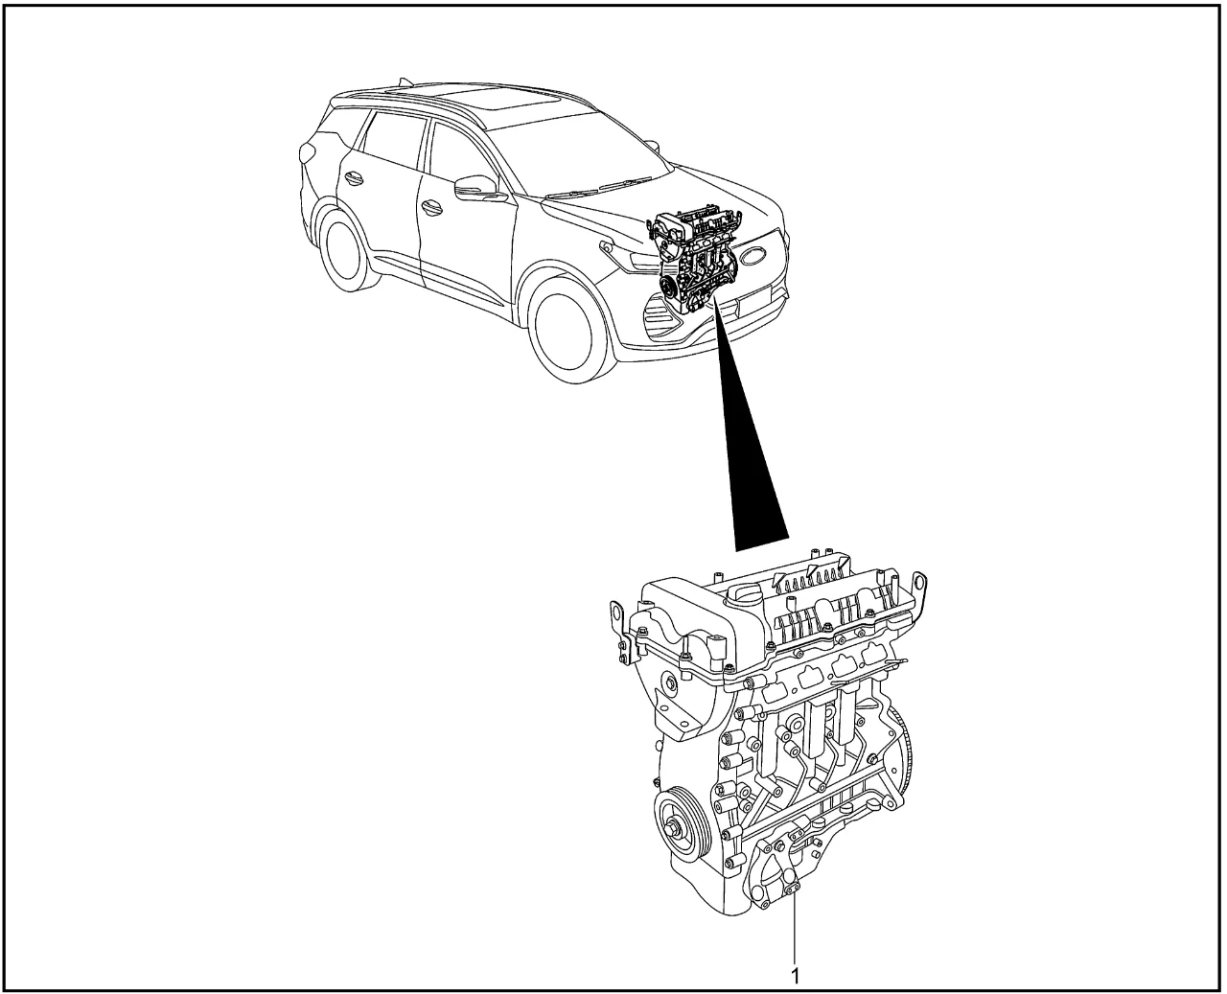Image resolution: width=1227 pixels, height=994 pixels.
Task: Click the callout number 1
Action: (796, 976)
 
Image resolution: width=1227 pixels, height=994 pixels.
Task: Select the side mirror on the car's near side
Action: (477, 188)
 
